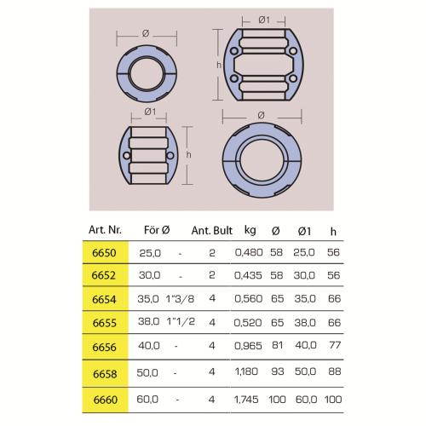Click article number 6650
(x=104, y=253)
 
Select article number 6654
(x=104, y=299)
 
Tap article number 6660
(x=106, y=400)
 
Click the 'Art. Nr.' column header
(x=105, y=230)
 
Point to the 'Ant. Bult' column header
(x=212, y=230)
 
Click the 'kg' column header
(x=250, y=230)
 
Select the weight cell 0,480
(x=249, y=252)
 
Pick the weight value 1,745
(x=246, y=400)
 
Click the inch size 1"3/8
(x=180, y=299)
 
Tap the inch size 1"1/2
(x=181, y=321)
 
